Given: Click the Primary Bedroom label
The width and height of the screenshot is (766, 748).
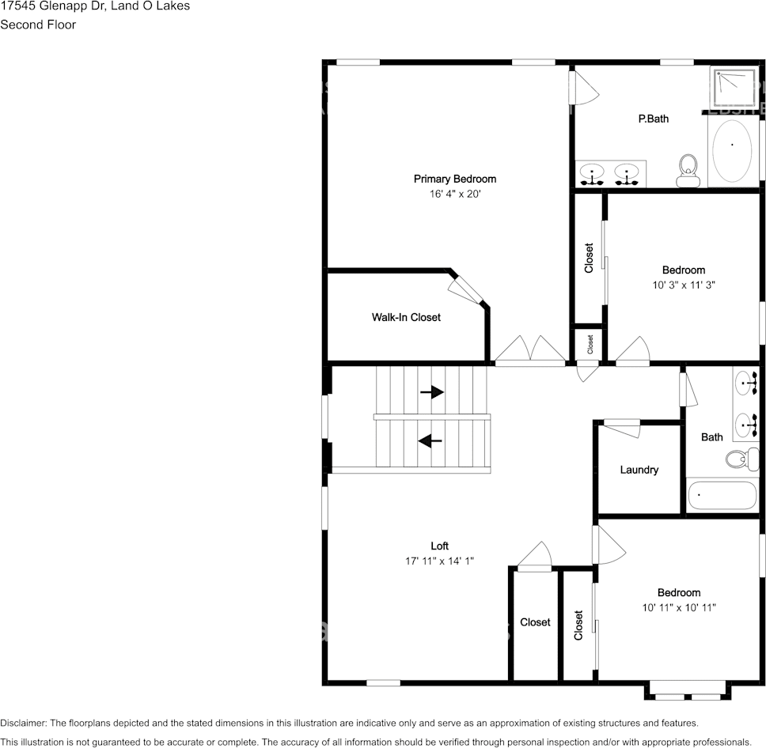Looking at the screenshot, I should point(454,179).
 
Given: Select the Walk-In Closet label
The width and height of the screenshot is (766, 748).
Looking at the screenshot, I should point(406,317).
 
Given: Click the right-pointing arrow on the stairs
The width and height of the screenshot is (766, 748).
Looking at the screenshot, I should point(431,392).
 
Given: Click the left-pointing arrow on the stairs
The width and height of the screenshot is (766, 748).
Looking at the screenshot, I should point(430,440).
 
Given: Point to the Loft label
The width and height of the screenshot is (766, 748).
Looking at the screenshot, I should point(439,546).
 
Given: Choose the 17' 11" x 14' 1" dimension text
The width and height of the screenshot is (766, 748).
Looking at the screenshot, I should point(439,561).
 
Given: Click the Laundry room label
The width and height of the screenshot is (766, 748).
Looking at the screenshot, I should point(639,470).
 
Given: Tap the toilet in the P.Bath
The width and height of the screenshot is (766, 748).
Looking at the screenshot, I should point(688,170).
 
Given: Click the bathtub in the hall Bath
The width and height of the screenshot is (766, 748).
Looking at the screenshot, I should point(722,496).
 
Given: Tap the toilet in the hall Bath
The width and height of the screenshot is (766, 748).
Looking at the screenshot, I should point(739,458).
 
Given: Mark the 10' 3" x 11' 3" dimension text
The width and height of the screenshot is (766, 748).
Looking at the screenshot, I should point(684,285).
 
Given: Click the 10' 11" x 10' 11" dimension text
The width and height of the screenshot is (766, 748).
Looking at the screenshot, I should point(679,607).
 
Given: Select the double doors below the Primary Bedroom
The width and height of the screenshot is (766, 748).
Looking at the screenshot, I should point(530,350).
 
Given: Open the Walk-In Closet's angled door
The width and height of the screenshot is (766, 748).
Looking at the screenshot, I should point(465,288).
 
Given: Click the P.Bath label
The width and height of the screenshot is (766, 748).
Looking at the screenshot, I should point(654,119).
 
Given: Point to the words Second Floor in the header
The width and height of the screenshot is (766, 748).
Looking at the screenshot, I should point(38,25).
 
